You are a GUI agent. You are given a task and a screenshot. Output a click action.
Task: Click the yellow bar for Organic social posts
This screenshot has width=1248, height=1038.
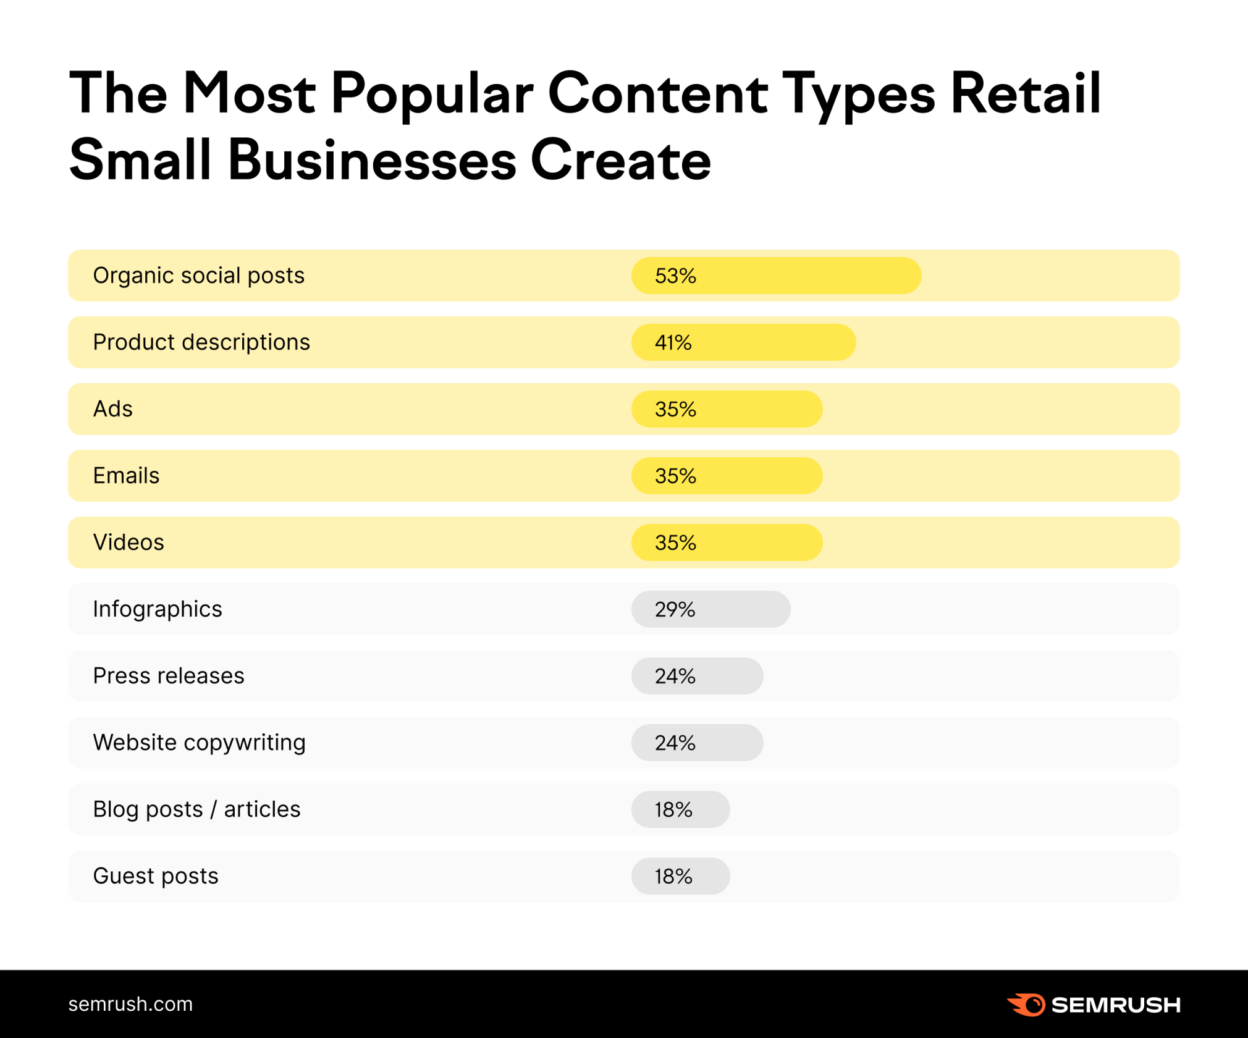[x=776, y=276]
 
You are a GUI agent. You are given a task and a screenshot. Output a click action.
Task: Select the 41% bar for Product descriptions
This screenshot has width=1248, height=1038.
[x=743, y=342]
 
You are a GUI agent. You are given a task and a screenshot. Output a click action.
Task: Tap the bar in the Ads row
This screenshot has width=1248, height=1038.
[x=727, y=409]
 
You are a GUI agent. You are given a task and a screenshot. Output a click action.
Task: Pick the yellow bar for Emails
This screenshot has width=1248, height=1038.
[x=727, y=476]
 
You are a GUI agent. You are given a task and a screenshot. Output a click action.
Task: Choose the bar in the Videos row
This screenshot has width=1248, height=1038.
[x=727, y=542]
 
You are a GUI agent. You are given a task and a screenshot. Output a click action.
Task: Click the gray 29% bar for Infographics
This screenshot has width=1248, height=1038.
[x=710, y=609]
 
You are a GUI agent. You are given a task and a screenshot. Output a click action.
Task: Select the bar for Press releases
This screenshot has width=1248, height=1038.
[x=697, y=676]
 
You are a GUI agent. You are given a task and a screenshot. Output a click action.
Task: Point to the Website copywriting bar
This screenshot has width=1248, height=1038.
[x=697, y=743]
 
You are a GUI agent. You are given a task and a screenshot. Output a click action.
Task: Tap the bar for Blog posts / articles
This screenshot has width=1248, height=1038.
[x=680, y=809]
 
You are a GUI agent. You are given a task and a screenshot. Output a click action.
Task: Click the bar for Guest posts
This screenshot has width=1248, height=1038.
[x=680, y=876]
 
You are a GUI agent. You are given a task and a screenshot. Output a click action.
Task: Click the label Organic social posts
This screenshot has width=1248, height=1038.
[x=198, y=276]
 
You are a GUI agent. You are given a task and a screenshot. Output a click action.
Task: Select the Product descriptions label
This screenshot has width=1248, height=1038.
[x=201, y=342]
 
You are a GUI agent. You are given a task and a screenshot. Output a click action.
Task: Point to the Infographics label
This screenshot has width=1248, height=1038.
[x=157, y=609]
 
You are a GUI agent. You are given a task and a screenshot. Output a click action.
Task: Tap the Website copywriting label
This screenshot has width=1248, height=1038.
[x=199, y=743]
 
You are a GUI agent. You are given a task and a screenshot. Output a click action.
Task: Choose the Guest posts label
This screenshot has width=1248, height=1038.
[x=156, y=876]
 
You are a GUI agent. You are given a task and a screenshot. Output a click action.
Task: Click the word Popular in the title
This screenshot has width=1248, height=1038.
[x=432, y=94]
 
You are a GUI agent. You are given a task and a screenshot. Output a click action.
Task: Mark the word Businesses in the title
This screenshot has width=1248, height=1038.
[x=372, y=161]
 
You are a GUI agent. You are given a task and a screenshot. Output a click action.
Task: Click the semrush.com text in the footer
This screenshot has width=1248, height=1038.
[x=130, y=1004]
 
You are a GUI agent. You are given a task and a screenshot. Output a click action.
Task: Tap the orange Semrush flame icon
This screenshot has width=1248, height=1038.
[x=1027, y=1005]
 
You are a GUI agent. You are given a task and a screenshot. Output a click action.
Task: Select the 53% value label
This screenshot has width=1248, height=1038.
[x=675, y=276]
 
